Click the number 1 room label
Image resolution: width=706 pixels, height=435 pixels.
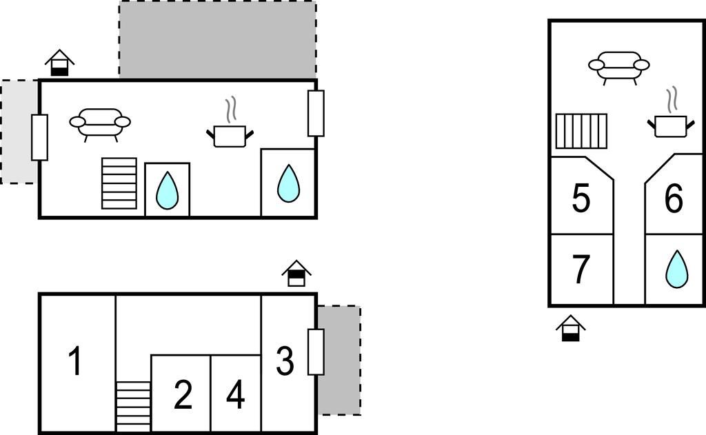(75, 361)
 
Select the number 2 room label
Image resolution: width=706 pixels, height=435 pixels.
(183, 395)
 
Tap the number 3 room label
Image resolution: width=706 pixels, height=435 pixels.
(285, 361)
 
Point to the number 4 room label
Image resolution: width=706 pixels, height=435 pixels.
(235, 395)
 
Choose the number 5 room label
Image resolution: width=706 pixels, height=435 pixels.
(581, 199)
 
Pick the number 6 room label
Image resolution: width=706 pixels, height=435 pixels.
(674, 199)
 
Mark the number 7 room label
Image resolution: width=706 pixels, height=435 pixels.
(581, 270)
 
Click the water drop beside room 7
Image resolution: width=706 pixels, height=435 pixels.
(676, 269)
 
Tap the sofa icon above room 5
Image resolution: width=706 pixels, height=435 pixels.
(618, 66)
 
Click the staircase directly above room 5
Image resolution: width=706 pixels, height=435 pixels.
(581, 131)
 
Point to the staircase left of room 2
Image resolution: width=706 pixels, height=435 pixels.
(133, 406)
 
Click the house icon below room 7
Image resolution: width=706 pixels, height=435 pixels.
(570, 328)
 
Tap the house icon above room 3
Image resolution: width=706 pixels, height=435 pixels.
(296, 273)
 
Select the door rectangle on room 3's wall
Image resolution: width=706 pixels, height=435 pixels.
(316, 352)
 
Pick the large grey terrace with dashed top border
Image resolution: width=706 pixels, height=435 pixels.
(217, 40)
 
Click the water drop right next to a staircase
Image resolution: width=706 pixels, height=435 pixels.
(167, 190)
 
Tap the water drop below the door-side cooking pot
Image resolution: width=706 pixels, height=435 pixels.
(288, 183)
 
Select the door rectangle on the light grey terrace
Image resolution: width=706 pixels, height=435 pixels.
(40, 137)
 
